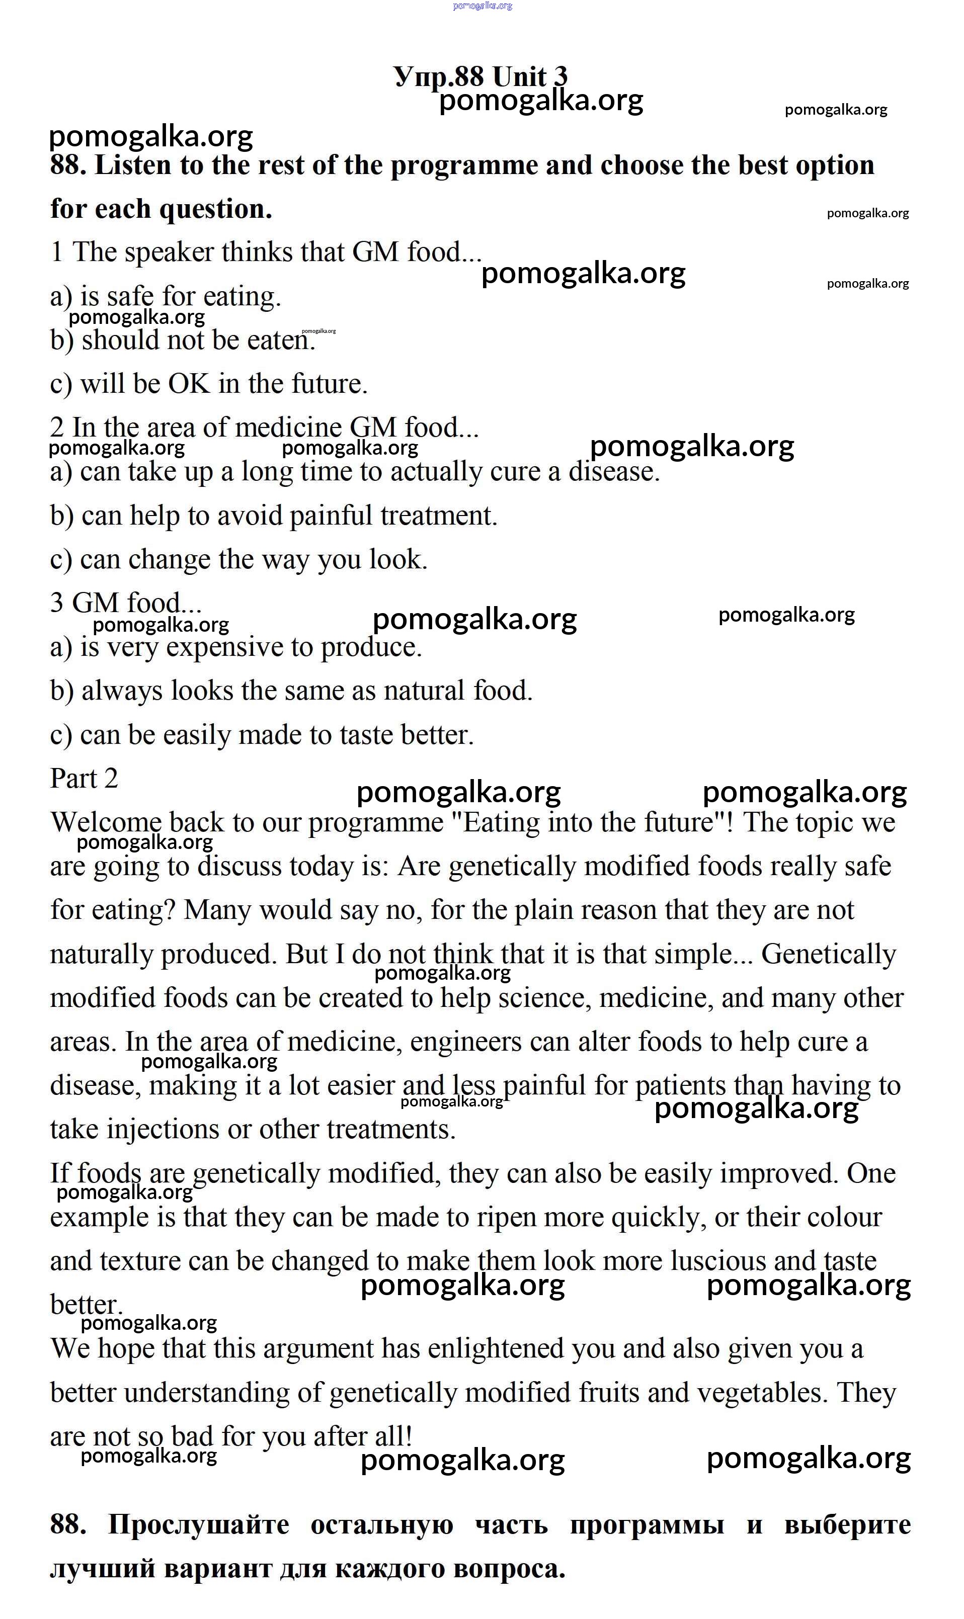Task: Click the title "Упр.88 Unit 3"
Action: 480,76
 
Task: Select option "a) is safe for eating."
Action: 166,297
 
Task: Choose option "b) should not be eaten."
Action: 183,340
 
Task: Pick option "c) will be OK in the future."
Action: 208,384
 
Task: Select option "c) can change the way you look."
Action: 238,560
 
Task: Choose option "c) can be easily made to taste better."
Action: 262,735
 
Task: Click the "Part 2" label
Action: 84,779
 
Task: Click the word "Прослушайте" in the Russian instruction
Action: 198,1525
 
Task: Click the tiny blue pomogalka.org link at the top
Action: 482,6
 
